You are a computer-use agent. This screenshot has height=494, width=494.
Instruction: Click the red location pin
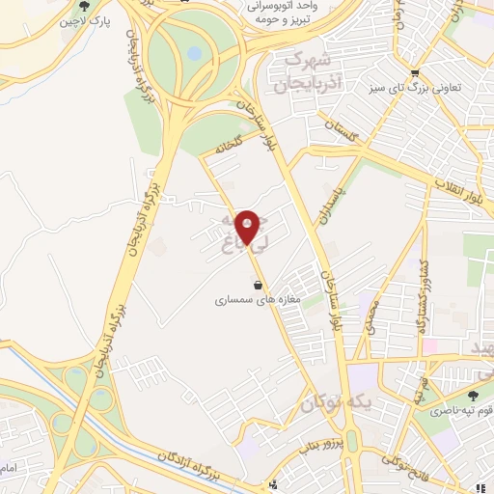[x=248, y=228]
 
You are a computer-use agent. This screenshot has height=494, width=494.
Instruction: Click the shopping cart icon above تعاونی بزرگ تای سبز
[x=415, y=72]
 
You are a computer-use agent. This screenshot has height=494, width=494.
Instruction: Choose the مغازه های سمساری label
[x=260, y=300]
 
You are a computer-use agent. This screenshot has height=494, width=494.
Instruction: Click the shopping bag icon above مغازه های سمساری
[x=258, y=286]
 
